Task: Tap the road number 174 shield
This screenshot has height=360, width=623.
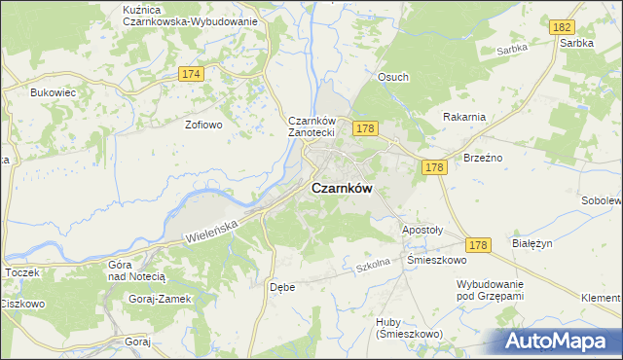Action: click(191, 74)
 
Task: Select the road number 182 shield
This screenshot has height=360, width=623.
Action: click(559, 29)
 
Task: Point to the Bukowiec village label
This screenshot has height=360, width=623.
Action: click(53, 92)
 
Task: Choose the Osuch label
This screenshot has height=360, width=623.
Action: click(393, 77)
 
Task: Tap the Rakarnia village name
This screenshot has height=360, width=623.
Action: click(463, 117)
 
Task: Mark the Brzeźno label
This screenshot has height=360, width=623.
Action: click(482, 157)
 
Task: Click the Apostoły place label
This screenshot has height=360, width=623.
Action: click(422, 231)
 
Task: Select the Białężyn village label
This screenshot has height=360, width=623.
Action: click(531, 245)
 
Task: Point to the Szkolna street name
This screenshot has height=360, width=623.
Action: click(373, 265)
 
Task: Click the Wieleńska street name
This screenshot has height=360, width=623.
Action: click(211, 231)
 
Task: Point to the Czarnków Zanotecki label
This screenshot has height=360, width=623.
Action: click(311, 126)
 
